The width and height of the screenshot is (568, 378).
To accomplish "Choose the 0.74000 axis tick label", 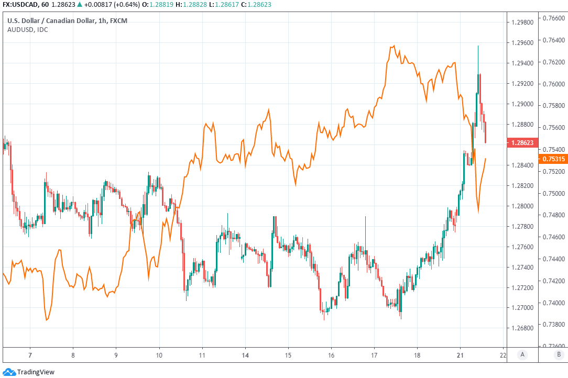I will tap(553, 303).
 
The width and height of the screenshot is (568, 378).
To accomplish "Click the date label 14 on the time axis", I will tap(245, 354).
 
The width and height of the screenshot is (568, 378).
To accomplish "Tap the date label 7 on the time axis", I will tap(30, 354).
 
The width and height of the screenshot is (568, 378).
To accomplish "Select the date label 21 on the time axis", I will tap(460, 354).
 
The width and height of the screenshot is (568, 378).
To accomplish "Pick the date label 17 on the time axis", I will tap(374, 354).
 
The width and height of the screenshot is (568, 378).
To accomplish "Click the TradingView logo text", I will tap(36, 372).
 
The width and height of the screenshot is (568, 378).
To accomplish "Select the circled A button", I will tap(522, 354).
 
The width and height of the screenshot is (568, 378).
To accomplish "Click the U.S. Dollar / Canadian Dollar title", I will tap(52, 20).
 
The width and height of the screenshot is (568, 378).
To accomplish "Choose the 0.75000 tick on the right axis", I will tap(553, 193).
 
